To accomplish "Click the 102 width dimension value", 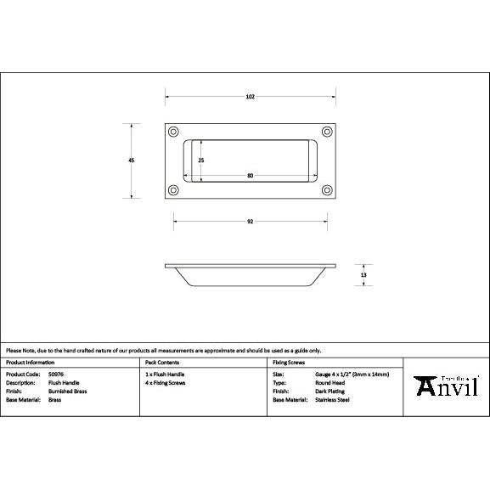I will (x=250, y=97).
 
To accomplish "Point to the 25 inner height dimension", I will (x=201, y=160).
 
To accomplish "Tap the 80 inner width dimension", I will (x=250, y=176).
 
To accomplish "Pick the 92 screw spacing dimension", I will (x=250, y=222).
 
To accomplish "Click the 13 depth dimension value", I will (x=363, y=275).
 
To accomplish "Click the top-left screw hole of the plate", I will (x=174, y=132).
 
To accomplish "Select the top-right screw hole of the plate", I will (x=326, y=132).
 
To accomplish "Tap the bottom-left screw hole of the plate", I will (x=174, y=189).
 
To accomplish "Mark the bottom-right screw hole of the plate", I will (x=326, y=189).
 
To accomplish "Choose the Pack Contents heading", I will (x=162, y=362).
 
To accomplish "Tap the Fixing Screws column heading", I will (x=289, y=362).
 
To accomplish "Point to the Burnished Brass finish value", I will (x=67, y=391).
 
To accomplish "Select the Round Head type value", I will (x=329, y=382).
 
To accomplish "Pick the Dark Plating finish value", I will (x=329, y=391).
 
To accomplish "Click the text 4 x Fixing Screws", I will (x=166, y=382).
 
